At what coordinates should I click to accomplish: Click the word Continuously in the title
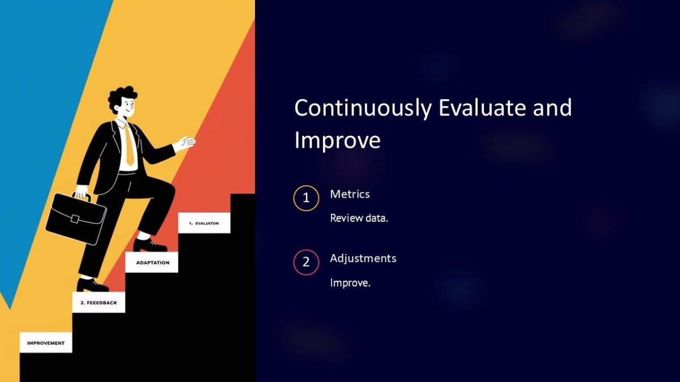tap(363, 108)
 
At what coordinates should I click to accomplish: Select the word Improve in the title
tap(337, 141)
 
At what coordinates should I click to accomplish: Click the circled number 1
tap(306, 198)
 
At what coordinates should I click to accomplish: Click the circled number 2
tap(306, 263)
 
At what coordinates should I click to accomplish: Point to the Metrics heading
tap(350, 194)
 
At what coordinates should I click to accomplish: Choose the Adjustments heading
tap(363, 258)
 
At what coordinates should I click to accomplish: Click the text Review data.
tap(359, 218)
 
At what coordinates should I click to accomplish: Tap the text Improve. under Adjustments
tap(350, 283)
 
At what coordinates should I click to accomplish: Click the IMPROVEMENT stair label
tap(46, 343)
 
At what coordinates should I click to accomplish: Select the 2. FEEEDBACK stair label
tap(99, 303)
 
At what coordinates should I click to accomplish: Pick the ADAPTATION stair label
tap(152, 263)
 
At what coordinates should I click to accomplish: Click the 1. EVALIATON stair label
tap(204, 223)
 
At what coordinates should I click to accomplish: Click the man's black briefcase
tap(75, 218)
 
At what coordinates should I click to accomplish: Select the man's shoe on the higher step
tap(149, 244)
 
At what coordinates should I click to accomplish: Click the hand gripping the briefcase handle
tap(82, 191)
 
